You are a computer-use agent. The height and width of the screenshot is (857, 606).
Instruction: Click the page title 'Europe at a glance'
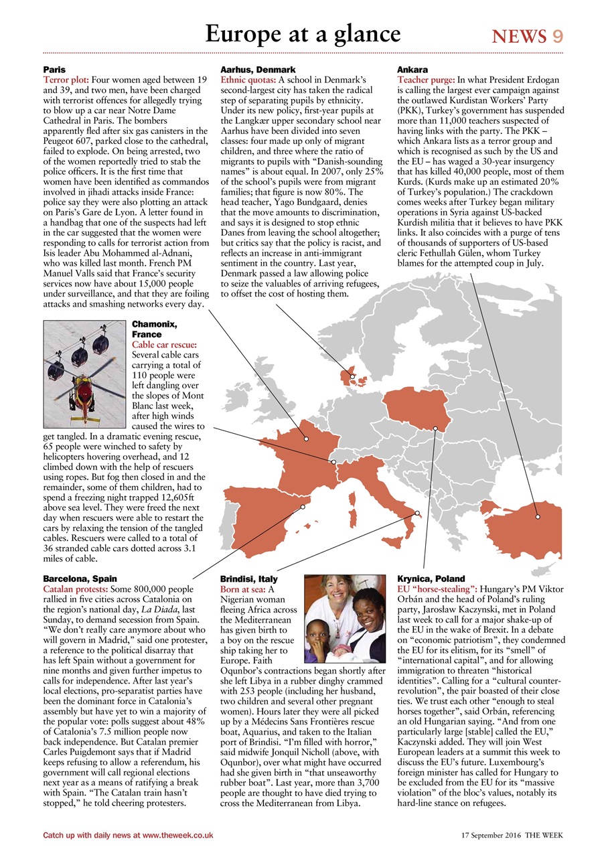tap(303, 33)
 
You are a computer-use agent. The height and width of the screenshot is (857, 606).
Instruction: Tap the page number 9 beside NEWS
tap(557, 37)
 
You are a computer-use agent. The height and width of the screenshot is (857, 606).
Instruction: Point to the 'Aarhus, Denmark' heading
tap(258, 70)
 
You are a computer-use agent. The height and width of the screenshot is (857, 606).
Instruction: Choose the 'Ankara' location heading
tap(412, 70)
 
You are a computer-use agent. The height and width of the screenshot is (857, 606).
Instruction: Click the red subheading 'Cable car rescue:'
tap(164, 345)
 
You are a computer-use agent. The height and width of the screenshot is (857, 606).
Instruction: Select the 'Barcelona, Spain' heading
tap(80, 578)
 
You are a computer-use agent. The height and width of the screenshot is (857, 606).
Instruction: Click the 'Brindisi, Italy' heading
tap(248, 578)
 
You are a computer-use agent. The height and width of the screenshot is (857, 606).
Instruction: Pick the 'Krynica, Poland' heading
tap(431, 578)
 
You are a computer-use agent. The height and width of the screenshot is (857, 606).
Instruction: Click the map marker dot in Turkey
tap(537, 516)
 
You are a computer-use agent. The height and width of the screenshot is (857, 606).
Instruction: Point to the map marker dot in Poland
tap(435, 428)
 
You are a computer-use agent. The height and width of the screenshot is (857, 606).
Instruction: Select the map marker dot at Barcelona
tap(303, 507)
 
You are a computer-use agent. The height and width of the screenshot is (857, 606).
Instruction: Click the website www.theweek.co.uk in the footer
tap(177, 835)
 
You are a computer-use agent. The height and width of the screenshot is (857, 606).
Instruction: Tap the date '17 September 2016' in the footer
tap(491, 835)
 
